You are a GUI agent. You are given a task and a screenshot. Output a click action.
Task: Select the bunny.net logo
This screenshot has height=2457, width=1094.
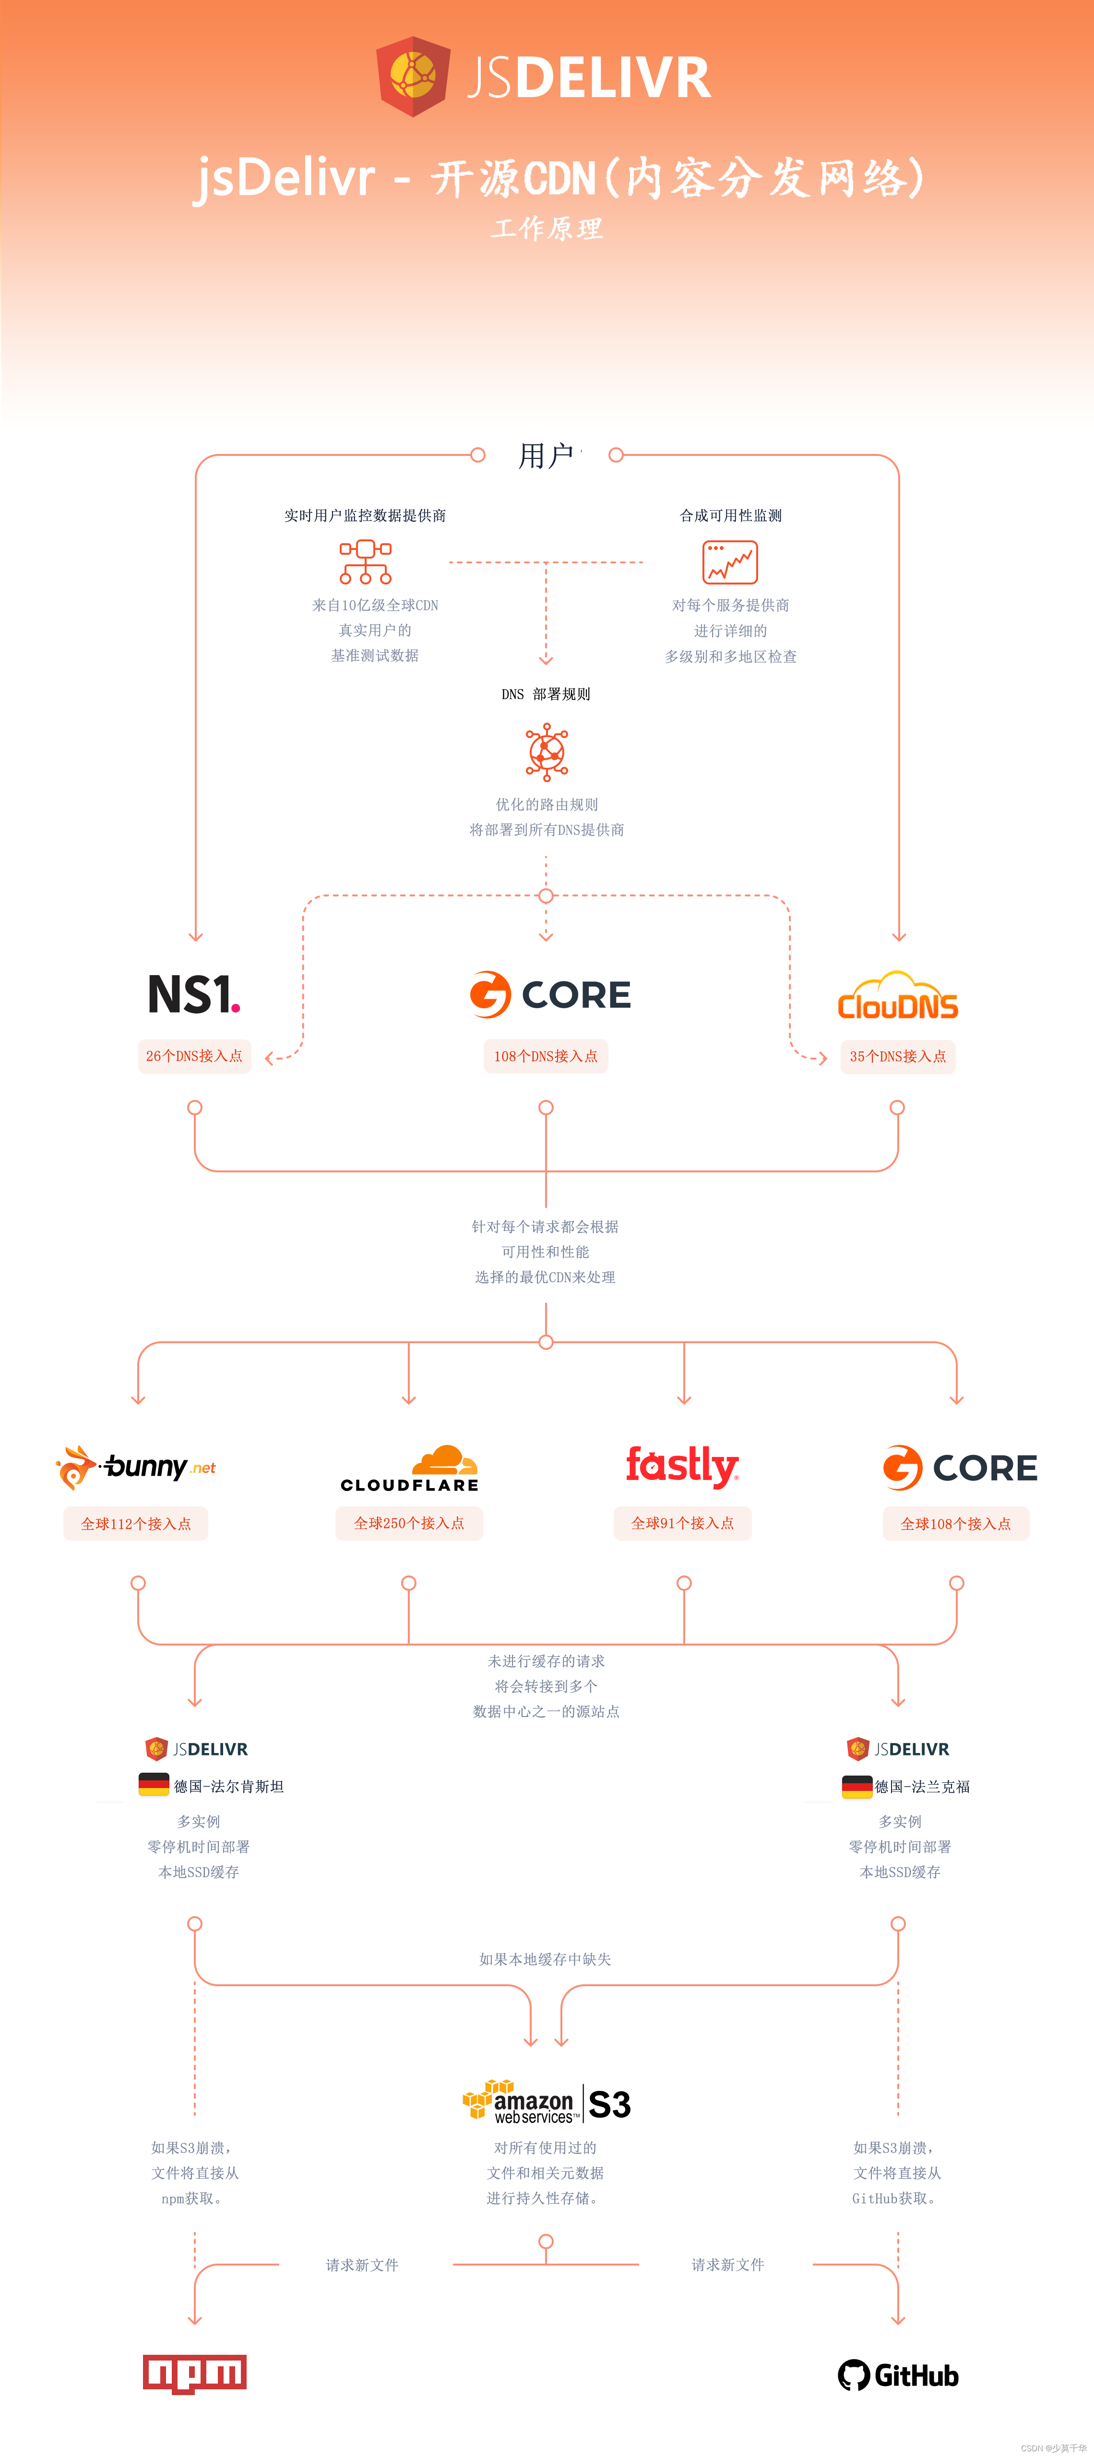pos(135,1467)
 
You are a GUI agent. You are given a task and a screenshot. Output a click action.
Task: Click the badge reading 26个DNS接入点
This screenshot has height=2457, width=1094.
pos(195,1056)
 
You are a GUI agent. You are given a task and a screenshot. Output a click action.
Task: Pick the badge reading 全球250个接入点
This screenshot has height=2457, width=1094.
pos(409,1523)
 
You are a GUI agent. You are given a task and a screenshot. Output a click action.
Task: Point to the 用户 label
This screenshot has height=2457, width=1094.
pos(546,456)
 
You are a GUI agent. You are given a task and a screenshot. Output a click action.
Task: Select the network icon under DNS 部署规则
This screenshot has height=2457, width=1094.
pos(547,751)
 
